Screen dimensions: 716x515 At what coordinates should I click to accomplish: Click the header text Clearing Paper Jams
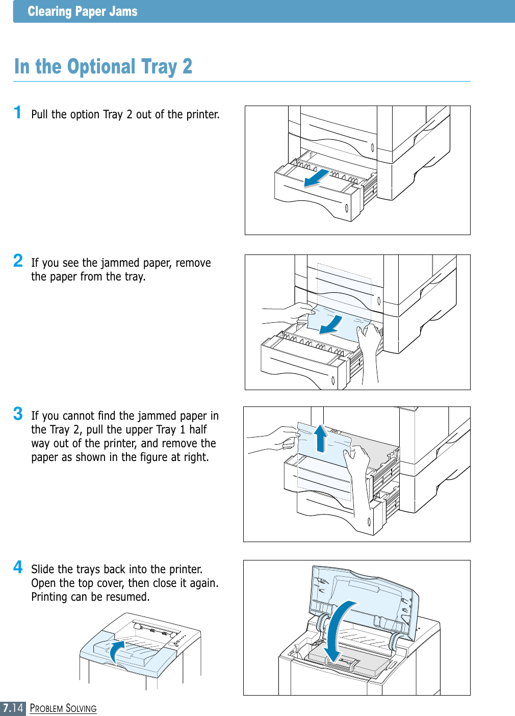click(x=83, y=11)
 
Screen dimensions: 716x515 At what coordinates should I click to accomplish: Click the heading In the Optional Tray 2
click(x=103, y=67)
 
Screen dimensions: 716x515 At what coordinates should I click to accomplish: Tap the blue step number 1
click(x=18, y=112)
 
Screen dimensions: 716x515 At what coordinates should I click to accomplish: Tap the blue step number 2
click(x=18, y=261)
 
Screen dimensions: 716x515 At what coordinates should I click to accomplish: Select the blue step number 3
click(x=18, y=414)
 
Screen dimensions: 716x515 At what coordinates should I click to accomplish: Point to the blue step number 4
click(x=18, y=567)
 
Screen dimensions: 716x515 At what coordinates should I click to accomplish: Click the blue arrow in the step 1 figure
click(x=317, y=178)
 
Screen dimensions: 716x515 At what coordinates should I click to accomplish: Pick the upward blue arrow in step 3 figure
click(x=321, y=438)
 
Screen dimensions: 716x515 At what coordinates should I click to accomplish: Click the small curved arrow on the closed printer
click(x=117, y=651)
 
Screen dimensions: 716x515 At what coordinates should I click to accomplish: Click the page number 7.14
click(x=13, y=708)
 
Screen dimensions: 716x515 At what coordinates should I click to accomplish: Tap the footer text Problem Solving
click(x=63, y=708)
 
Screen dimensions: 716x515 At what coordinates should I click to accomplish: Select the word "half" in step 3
click(x=198, y=429)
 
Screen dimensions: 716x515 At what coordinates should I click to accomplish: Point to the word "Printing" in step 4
click(x=49, y=597)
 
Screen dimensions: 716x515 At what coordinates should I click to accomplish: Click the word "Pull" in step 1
click(x=40, y=114)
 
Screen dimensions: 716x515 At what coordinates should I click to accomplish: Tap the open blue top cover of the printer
click(x=365, y=597)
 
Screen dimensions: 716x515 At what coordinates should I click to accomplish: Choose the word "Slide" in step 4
click(x=43, y=569)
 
